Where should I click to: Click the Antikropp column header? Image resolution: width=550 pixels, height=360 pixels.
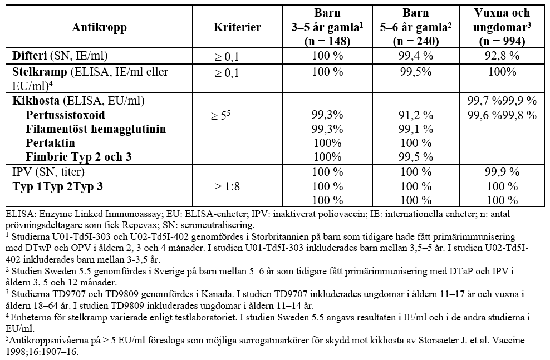[x=99, y=27]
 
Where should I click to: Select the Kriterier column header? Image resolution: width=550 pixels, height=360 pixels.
[x=237, y=27]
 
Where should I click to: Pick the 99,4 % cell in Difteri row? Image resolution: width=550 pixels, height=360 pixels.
[x=416, y=56]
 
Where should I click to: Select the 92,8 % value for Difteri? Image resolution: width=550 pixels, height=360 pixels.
[x=502, y=56]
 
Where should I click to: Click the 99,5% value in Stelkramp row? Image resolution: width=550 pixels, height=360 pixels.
[x=416, y=72]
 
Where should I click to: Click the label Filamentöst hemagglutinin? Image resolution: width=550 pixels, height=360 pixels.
[x=96, y=129]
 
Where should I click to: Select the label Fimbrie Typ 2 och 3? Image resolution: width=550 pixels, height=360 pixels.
[x=78, y=157]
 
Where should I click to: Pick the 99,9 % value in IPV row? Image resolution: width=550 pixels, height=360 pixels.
[x=502, y=172]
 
